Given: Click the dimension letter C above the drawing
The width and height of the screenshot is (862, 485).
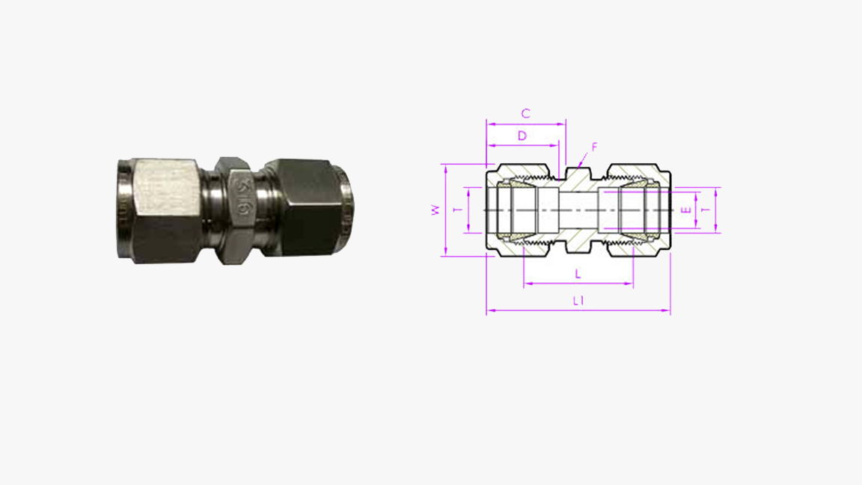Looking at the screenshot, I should (525, 114).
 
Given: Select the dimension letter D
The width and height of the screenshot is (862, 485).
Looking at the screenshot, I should (522, 135).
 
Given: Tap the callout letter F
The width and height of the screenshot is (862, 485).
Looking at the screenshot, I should (594, 147).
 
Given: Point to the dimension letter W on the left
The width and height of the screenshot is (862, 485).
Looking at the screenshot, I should (435, 211).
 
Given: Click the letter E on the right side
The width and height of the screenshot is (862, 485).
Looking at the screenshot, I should (683, 210).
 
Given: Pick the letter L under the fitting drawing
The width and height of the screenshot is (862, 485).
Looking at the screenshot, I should (578, 274).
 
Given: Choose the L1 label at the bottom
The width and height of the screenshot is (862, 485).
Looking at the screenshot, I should (578, 301).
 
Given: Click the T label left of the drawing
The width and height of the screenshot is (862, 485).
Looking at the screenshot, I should (458, 210).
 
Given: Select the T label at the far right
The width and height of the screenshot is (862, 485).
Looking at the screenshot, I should (705, 210).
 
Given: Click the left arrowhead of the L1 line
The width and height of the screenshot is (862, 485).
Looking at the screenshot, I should (489, 311).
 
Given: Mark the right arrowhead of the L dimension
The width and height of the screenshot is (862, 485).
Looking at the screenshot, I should (632, 284).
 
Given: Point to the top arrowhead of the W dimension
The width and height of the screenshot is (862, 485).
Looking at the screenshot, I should (445, 166).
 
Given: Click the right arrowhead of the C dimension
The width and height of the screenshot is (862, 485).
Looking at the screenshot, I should (563, 123).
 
